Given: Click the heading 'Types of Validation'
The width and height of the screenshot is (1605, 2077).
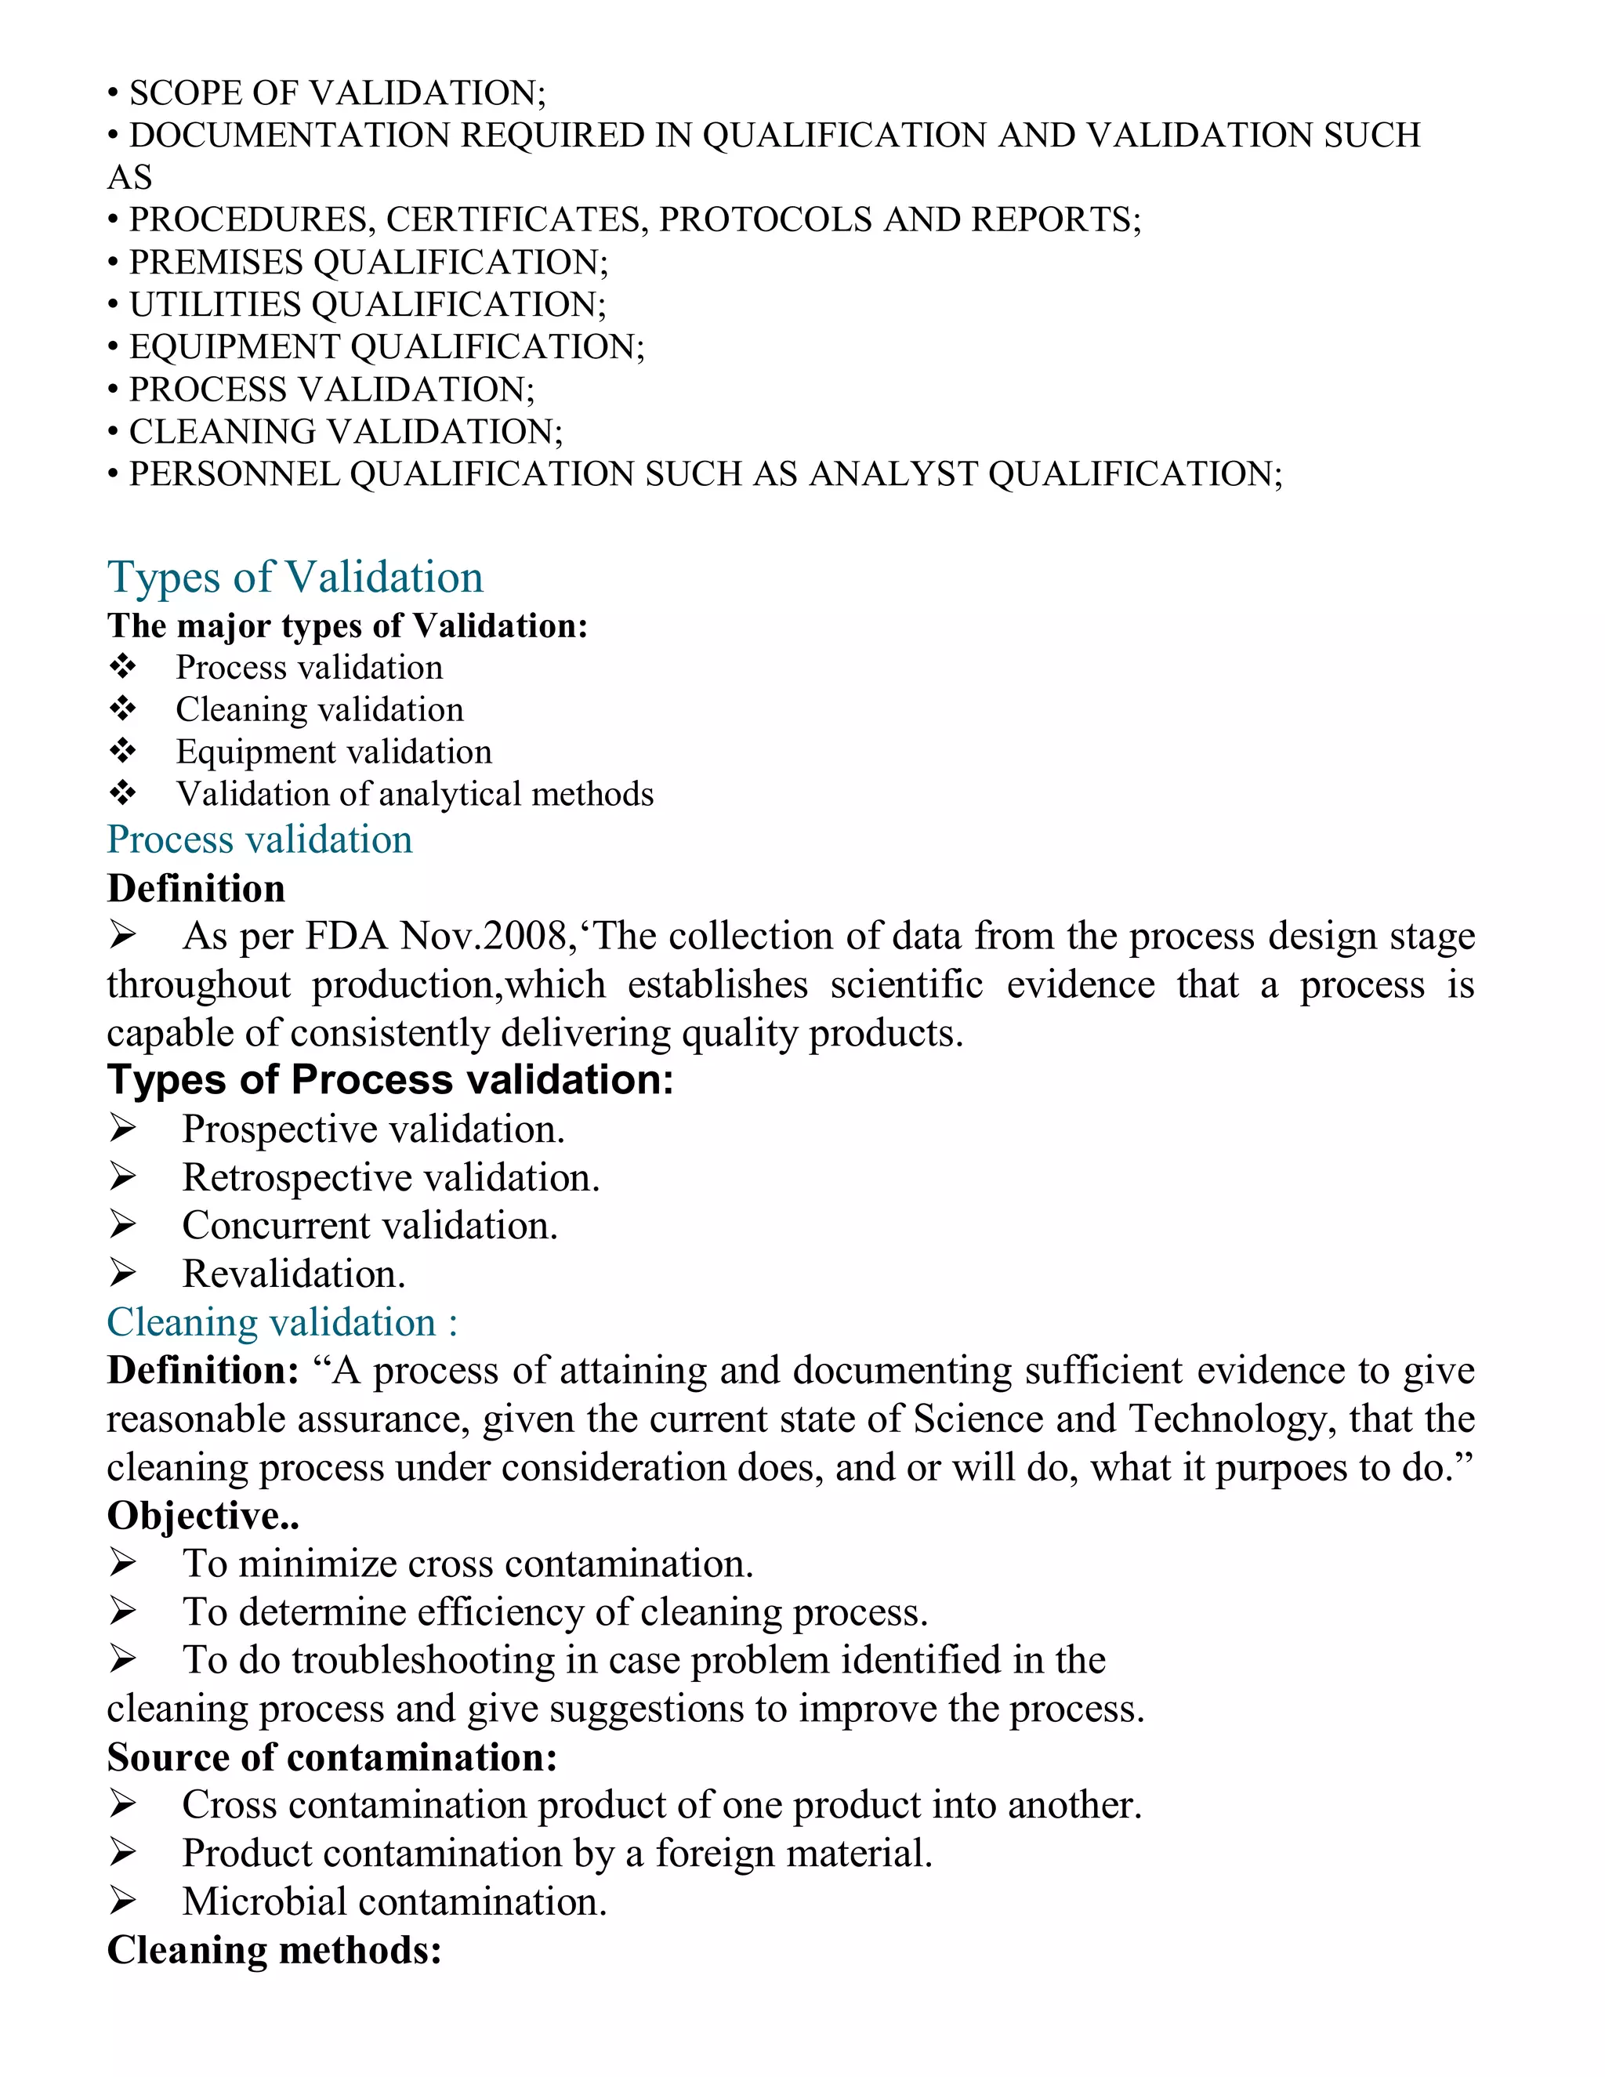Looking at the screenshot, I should (x=295, y=578).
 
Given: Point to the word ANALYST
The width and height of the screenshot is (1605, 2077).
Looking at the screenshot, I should (x=893, y=473).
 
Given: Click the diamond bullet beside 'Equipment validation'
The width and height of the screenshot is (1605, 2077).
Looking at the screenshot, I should (x=123, y=752).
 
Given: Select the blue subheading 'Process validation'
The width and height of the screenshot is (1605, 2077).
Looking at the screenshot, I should (x=259, y=839).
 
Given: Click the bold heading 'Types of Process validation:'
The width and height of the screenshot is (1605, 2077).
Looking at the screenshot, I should (x=389, y=1080).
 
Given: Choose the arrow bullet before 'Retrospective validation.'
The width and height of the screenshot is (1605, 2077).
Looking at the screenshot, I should (x=123, y=1177).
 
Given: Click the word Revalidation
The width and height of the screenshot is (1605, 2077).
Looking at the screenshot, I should (x=293, y=1274).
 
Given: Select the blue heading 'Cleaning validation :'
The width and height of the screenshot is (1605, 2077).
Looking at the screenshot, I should (x=281, y=1323).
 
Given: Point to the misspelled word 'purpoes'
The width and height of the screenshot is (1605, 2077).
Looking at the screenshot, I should (x=1281, y=1468).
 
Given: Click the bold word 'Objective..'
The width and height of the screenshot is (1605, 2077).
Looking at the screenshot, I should (x=202, y=1516).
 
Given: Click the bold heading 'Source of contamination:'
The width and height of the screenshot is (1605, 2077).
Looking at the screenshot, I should (x=332, y=1757).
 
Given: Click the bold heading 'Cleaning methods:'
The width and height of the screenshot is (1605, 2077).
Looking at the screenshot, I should (x=274, y=1951).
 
